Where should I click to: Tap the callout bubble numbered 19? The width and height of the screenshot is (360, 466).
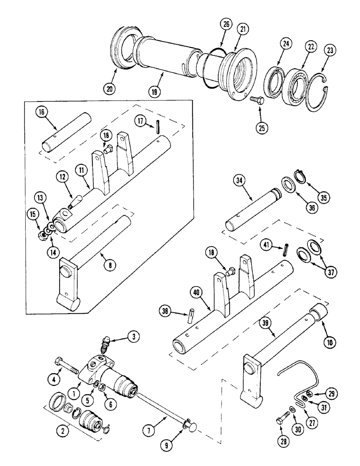click(x=156, y=91)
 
